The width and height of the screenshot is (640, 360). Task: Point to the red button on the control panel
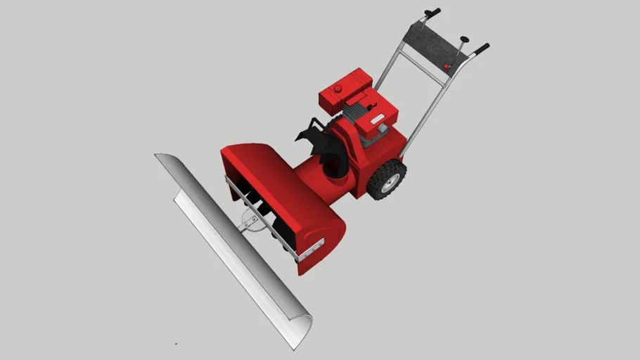coord(446,67)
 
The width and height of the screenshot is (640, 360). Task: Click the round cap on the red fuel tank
coord(338,89)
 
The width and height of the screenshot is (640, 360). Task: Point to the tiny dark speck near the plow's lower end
coord(176,344)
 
